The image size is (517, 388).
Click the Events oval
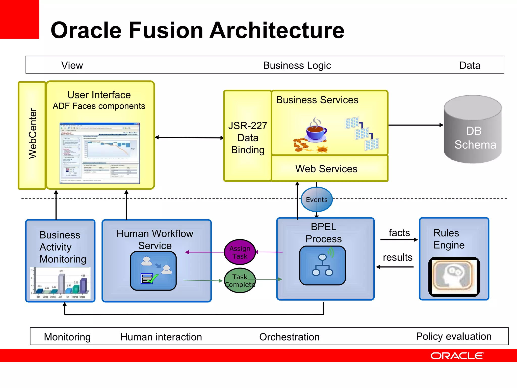coord(317,200)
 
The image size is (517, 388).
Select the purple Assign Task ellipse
coord(240,252)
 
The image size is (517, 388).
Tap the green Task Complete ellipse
coord(240,280)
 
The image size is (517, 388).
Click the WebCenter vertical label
coord(33,134)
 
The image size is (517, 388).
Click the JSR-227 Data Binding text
coord(248,138)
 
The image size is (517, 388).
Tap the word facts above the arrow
coord(399,233)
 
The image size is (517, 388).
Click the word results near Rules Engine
coord(397,257)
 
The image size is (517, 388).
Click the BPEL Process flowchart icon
coord(322,265)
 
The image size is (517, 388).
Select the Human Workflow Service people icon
coord(153,271)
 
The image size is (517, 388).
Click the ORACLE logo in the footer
coord(457,356)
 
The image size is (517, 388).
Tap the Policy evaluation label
coord(454,336)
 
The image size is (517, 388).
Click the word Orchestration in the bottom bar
coord(289,337)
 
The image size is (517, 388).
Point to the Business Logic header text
coord(297,65)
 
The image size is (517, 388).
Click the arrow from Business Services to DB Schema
coord(415,125)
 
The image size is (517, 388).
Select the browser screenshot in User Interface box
coord(99,153)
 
